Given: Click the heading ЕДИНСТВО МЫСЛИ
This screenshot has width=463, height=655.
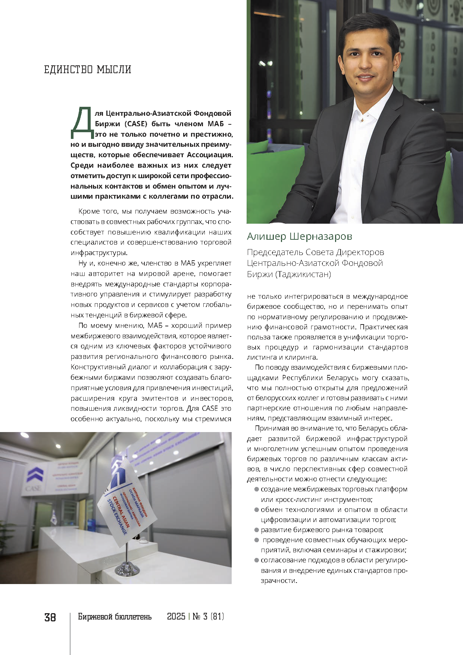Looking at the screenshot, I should point(88,70).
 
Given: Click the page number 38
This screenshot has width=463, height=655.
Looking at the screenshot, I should point(50,617).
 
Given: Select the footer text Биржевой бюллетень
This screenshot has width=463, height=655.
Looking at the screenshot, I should point(115,617).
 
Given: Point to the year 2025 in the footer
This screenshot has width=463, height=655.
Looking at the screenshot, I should point(176,617).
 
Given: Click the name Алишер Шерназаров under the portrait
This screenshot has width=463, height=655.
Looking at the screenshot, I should point(300,236).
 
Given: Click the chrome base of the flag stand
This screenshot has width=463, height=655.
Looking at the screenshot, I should point(127,569).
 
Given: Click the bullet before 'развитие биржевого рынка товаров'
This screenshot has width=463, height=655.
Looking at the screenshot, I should point(257,530).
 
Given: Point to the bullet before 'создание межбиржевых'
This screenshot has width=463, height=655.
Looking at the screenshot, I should point(257,489).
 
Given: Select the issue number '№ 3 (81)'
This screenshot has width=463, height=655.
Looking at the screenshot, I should point(208,617).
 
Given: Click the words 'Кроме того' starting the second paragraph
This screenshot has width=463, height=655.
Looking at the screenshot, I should point(94,211).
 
